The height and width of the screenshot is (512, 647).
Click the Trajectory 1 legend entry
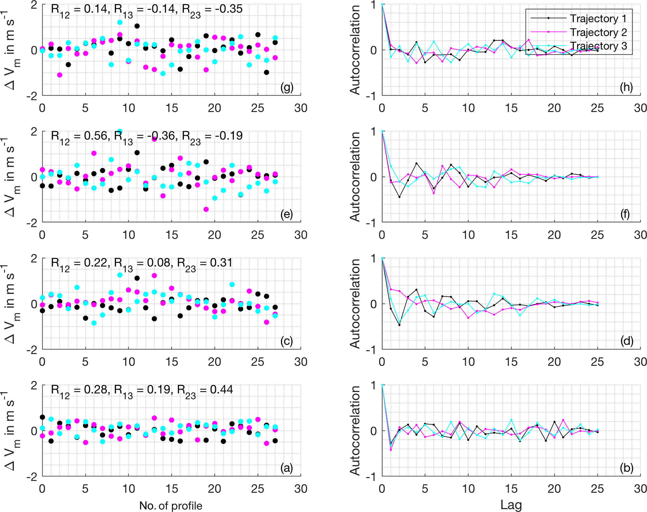pyautogui.click(x=598, y=18)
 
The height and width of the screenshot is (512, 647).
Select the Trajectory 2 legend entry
pyautogui.click(x=598, y=32)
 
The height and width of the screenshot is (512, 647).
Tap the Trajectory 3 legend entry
pyautogui.click(x=598, y=46)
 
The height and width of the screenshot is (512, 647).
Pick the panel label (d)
pyautogui.click(x=626, y=341)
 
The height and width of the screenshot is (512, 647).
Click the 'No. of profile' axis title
pyautogui.click(x=171, y=505)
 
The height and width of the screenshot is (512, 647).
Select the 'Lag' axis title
pyautogui.click(x=511, y=505)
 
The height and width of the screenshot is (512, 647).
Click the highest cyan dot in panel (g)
pyautogui.click(x=120, y=22)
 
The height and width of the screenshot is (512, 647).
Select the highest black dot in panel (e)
pyautogui.click(x=137, y=153)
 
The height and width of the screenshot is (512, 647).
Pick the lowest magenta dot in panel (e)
pyautogui.click(x=206, y=209)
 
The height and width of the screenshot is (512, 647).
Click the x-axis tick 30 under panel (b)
pyautogui.click(x=640, y=489)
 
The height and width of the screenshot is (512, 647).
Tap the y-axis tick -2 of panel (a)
pyautogui.click(x=32, y=476)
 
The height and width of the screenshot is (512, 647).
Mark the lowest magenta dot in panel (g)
pyautogui.click(x=60, y=75)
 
